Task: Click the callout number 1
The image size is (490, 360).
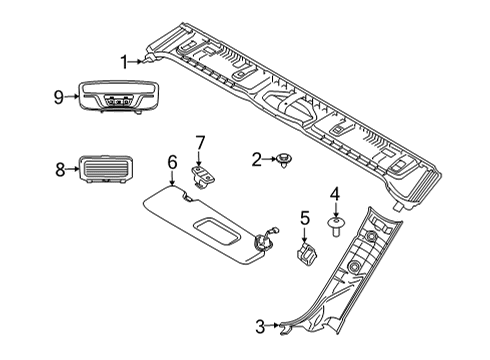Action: [125, 62]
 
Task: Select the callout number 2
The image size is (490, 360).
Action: [256, 158]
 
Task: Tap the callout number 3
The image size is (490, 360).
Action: [260, 326]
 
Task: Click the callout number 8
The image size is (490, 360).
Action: [59, 170]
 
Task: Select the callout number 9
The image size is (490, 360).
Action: [59, 97]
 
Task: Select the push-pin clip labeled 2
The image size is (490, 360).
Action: [285, 158]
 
